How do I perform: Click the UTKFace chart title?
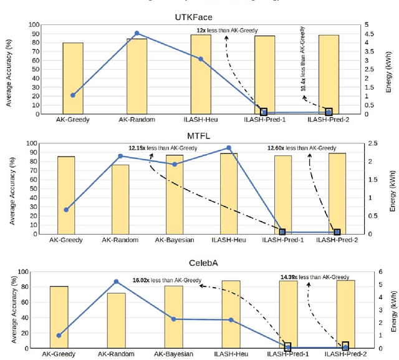[198, 18]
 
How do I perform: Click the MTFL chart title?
[198, 135]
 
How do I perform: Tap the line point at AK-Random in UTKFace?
[137, 34]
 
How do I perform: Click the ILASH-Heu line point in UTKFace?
[201, 59]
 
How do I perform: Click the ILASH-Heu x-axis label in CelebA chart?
[231, 354]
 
